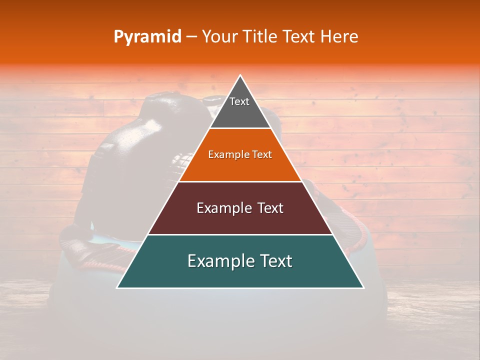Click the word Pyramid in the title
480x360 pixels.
[147, 37]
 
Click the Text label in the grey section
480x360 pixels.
[239, 101]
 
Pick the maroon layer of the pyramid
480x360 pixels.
[240, 220]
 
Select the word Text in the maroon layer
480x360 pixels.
[270, 208]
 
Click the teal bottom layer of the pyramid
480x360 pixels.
[240, 275]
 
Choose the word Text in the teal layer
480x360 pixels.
[275, 261]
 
